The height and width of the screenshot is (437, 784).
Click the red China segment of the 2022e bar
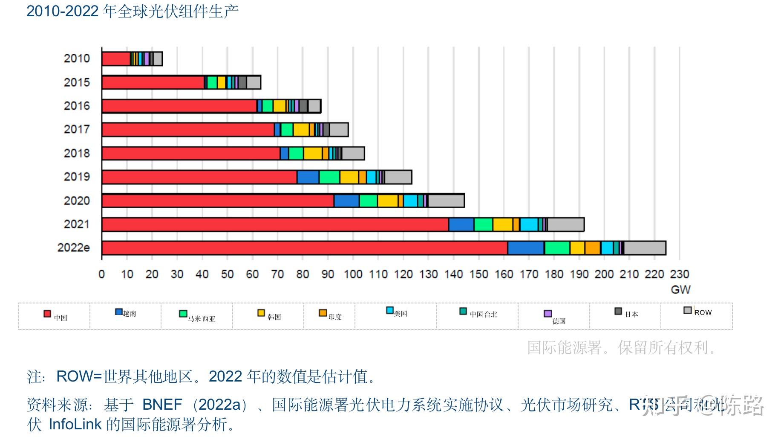tap(304, 248)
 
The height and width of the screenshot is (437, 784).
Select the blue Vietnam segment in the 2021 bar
tap(461, 224)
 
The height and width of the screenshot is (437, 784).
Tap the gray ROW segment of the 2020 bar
tap(446, 201)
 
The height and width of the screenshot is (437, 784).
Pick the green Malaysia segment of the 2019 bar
tap(329, 177)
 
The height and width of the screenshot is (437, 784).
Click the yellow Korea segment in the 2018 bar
tap(312, 153)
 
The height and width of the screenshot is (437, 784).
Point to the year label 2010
tap(77, 58)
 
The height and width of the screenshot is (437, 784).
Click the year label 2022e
tap(73, 248)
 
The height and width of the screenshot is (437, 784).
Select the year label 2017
tap(77, 129)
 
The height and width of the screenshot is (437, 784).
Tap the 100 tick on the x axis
tap(353, 274)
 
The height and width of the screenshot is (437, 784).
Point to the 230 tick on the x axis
tap(679, 274)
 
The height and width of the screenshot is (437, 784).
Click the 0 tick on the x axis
tap(101, 274)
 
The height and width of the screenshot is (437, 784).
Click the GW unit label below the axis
tap(680, 290)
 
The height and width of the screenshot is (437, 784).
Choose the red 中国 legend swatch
tap(47, 314)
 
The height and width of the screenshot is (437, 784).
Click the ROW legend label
tap(703, 312)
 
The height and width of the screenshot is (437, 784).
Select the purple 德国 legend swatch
tap(548, 314)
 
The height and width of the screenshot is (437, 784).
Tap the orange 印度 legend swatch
tap(323, 313)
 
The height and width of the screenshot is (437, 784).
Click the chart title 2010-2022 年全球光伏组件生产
tap(133, 11)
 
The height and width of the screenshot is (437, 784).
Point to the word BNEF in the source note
tap(162, 404)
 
